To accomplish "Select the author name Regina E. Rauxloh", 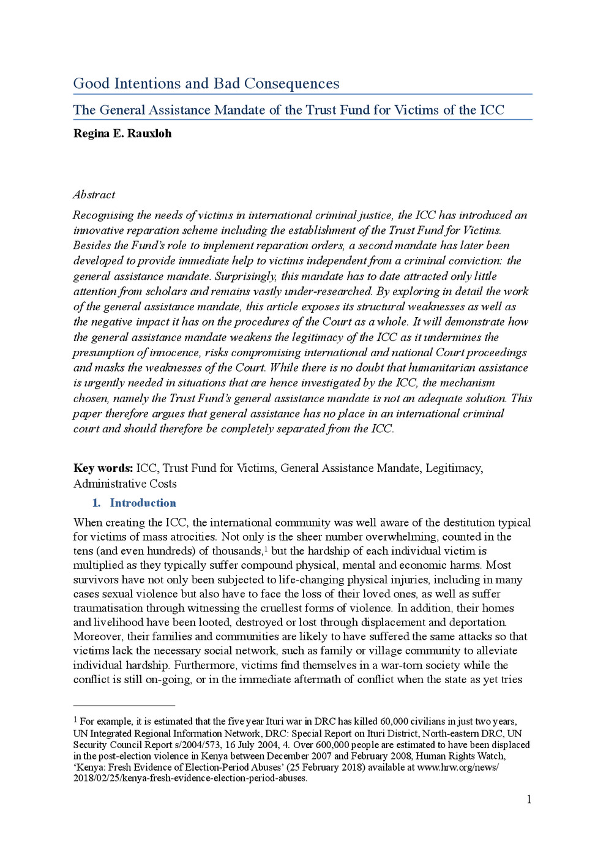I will [122, 133].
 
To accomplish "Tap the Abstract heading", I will [94, 195].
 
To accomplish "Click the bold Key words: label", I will [103, 468].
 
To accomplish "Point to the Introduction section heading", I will [143, 503].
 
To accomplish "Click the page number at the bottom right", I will [529, 799].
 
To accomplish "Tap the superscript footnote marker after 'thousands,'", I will [266, 549].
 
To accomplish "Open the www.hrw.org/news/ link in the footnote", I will [457, 768].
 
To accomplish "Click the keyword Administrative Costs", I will [125, 484].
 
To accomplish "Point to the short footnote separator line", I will [124, 706].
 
